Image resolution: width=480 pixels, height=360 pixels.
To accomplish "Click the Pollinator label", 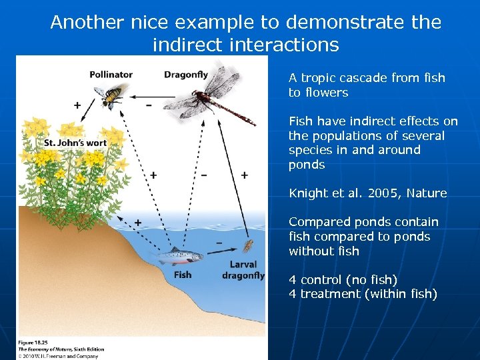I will [111, 74].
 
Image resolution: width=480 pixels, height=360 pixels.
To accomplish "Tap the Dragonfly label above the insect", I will [186, 74].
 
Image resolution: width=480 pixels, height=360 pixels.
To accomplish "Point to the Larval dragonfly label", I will [243, 270].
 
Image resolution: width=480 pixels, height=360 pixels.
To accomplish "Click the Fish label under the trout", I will [182, 274].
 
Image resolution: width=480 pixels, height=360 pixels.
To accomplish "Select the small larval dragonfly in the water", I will [249, 247].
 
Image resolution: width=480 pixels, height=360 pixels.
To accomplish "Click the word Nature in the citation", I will [427, 193].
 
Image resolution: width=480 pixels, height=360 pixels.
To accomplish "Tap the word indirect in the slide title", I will [191, 45].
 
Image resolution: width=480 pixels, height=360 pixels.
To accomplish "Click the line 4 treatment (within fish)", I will [363, 294].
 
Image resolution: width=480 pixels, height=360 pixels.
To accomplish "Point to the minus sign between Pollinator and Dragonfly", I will [147, 105].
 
